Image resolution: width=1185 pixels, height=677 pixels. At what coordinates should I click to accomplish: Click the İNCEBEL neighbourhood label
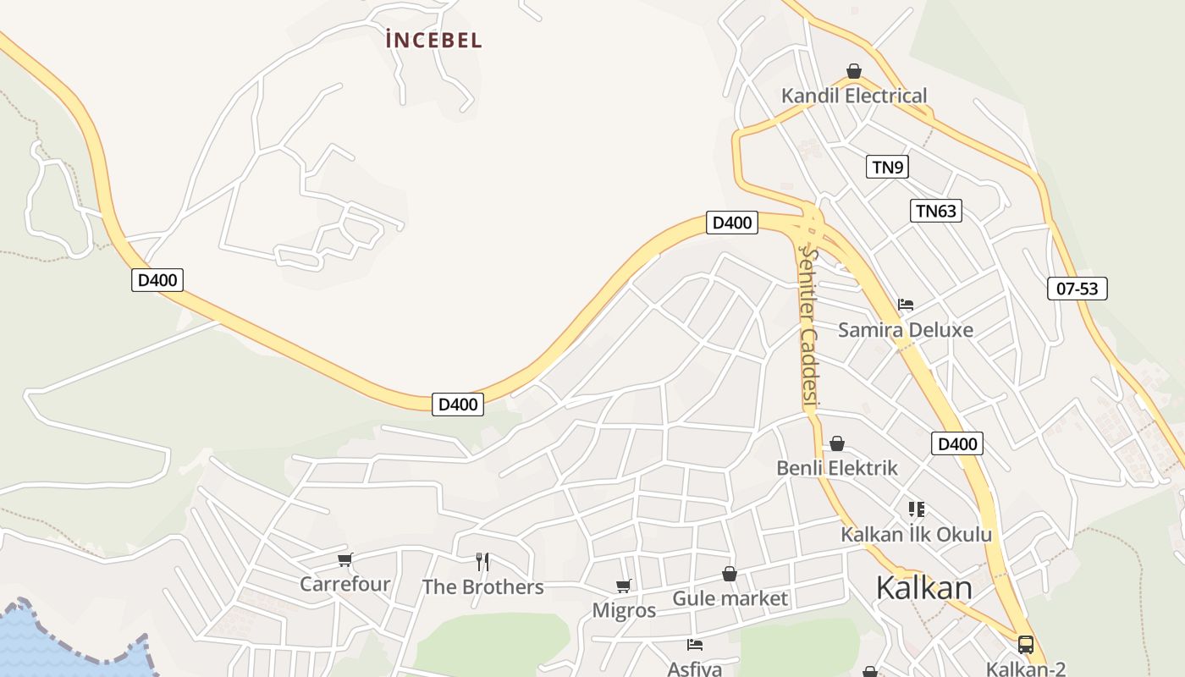(x=433, y=40)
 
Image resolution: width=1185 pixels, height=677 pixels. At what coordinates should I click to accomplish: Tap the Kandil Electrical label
(x=854, y=96)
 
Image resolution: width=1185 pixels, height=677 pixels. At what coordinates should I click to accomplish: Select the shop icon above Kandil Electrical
(x=854, y=71)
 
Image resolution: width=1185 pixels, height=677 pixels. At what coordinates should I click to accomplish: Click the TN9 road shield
(x=887, y=167)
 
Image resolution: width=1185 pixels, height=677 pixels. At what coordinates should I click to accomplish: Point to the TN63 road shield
(x=936, y=211)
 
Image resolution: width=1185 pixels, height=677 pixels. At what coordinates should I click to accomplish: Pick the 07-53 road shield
(x=1077, y=289)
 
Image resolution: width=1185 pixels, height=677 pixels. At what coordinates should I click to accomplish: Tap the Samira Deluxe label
(x=906, y=330)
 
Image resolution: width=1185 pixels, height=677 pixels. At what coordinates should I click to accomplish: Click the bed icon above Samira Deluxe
(x=906, y=305)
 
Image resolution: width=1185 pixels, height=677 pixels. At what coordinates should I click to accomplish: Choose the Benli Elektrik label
(x=837, y=468)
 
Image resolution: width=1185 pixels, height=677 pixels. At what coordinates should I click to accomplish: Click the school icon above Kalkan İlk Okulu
(x=916, y=509)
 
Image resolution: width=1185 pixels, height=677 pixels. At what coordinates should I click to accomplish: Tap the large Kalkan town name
(x=924, y=587)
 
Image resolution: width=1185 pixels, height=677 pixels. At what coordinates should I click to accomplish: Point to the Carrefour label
(x=345, y=584)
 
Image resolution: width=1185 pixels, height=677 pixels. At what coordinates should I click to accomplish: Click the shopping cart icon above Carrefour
(x=344, y=559)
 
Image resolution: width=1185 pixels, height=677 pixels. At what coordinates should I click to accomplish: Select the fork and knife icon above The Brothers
(x=482, y=561)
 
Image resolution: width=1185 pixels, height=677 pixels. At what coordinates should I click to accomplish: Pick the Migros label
(x=624, y=610)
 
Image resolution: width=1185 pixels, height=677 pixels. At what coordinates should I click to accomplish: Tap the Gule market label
(x=730, y=599)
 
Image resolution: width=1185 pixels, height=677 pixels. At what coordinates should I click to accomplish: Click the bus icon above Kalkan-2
(x=1026, y=645)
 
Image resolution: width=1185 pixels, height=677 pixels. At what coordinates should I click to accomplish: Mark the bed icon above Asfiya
(x=695, y=645)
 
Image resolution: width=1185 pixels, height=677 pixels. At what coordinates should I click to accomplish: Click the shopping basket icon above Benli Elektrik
(x=837, y=443)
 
